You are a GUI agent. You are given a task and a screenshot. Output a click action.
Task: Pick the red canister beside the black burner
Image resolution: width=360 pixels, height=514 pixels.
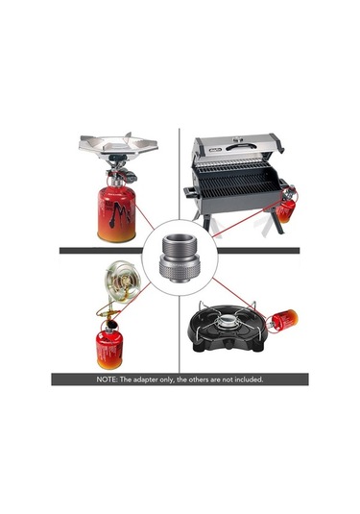pos(285,319)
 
